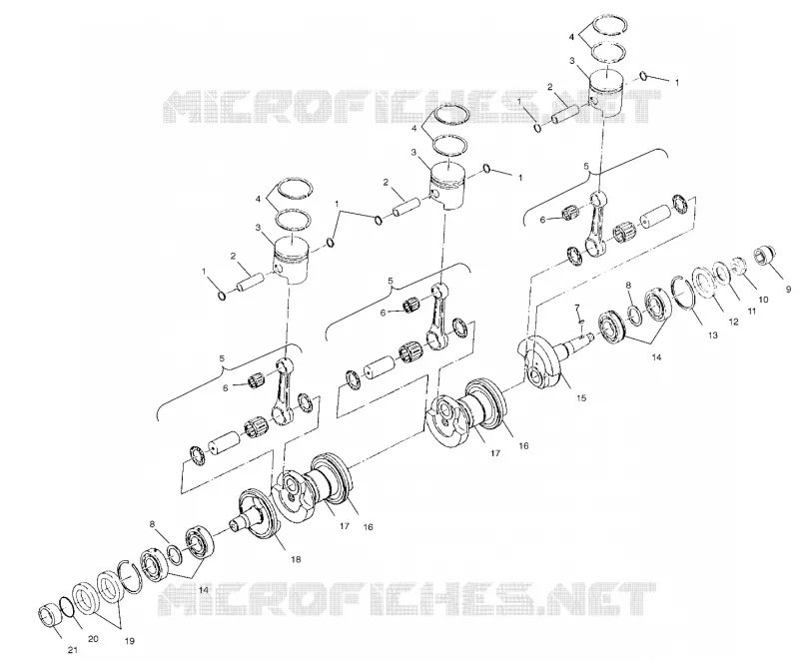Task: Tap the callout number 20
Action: pos(93,639)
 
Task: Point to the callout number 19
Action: pos(130,641)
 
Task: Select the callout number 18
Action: pos(296,559)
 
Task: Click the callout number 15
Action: pos(581,397)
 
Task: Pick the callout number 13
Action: pos(712,335)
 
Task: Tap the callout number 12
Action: pos(733,322)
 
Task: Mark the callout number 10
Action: pos(763,300)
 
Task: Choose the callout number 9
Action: pos(789,290)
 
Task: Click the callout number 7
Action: pos(577,308)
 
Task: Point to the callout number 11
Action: pos(752,311)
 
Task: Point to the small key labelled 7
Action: pos(581,322)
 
